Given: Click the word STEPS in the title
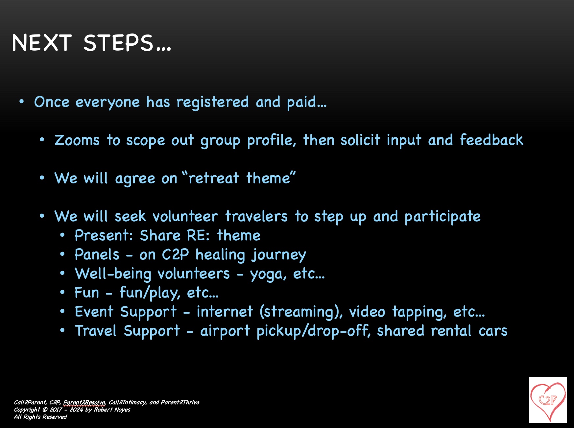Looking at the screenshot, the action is (x=118, y=43).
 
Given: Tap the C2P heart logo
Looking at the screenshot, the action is (x=548, y=400).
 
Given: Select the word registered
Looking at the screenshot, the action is (x=212, y=102).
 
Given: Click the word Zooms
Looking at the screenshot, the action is (x=77, y=140).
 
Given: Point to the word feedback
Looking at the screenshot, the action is (x=491, y=140).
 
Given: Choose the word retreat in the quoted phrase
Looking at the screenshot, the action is (x=214, y=178).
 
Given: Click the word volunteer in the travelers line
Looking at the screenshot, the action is (x=185, y=216).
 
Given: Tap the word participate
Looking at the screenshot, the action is (x=442, y=217).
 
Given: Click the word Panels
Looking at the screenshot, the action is (x=97, y=254).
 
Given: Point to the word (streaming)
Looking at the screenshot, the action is (x=301, y=312).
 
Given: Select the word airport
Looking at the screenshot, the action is (x=225, y=331).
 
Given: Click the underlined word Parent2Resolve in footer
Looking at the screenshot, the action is (x=84, y=402).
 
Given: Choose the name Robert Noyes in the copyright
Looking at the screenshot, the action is (x=112, y=410).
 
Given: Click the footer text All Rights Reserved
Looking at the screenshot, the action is (x=40, y=417).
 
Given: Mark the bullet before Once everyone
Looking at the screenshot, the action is (x=22, y=102).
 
